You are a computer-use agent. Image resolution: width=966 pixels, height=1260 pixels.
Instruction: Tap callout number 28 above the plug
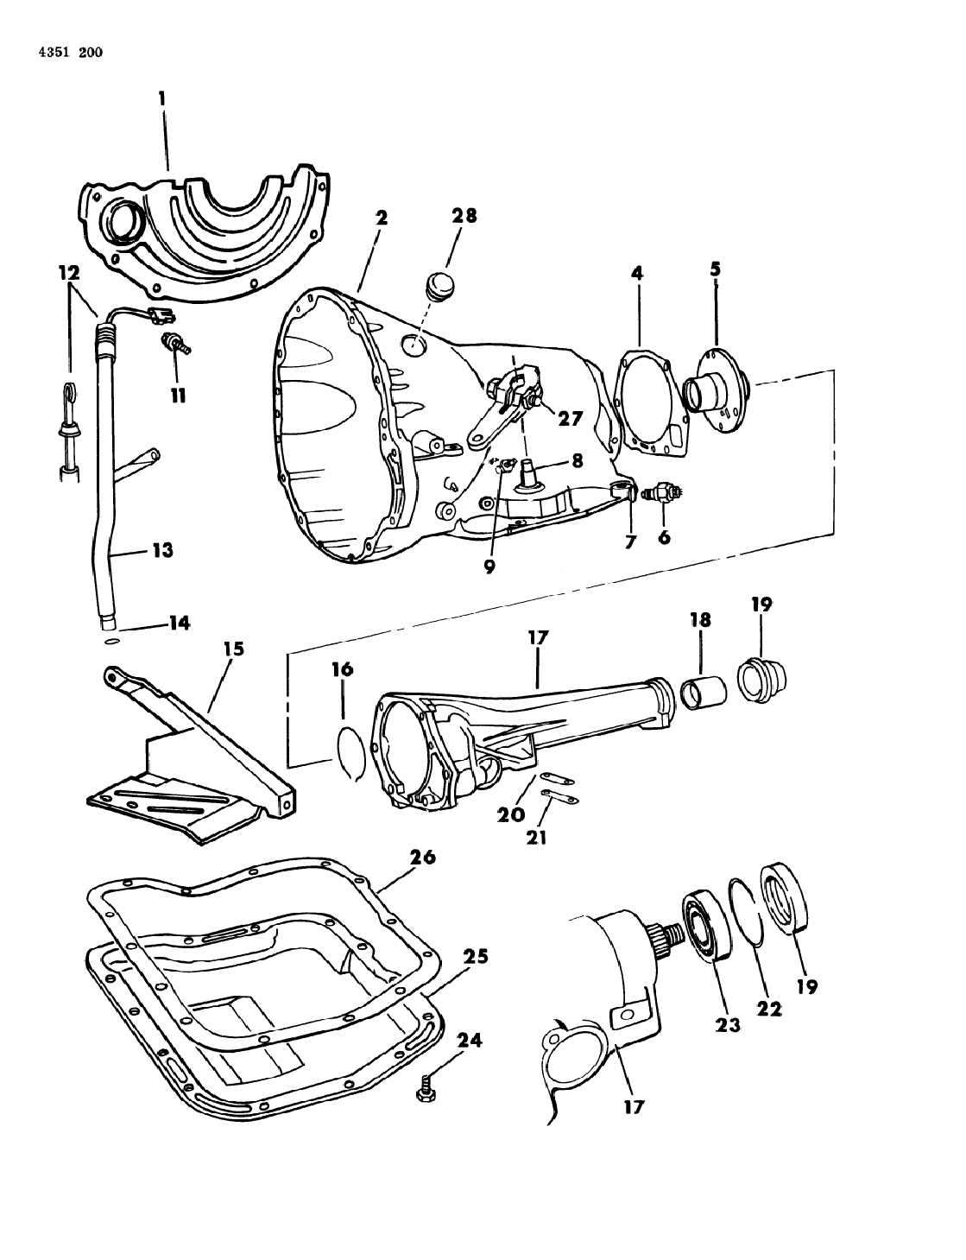pyautogui.click(x=464, y=216)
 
